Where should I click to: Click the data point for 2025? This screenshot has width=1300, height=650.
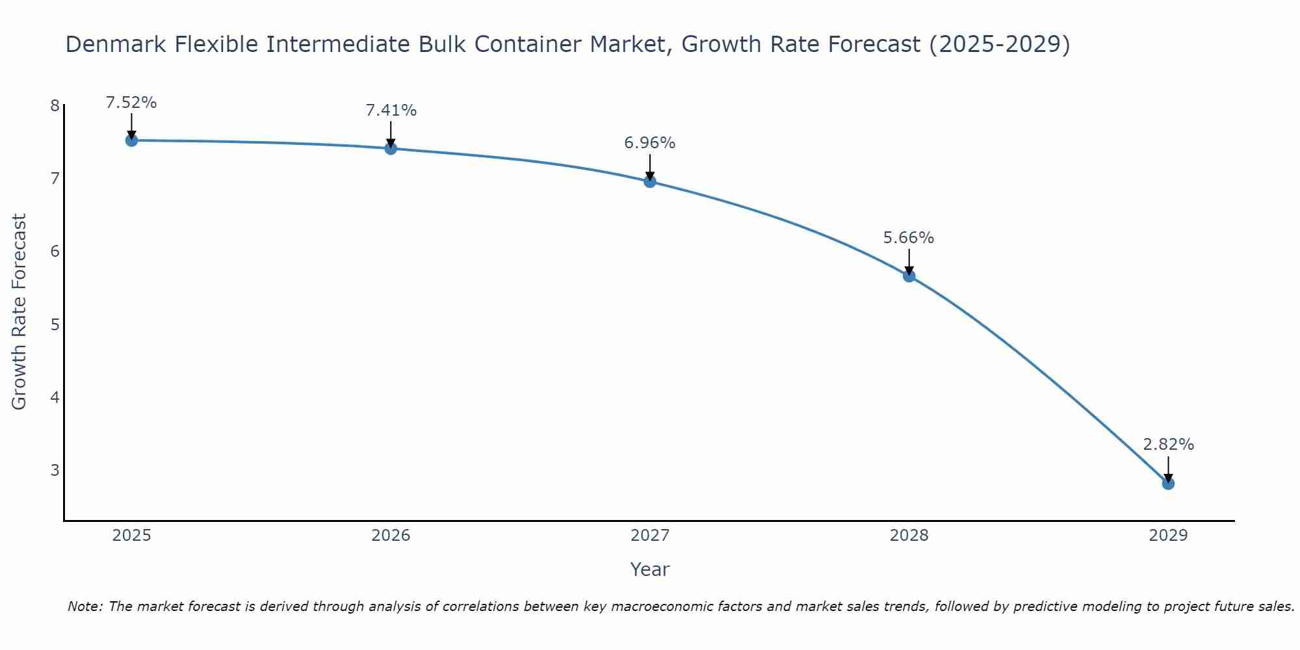(131, 140)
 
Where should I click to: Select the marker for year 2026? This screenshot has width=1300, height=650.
(391, 148)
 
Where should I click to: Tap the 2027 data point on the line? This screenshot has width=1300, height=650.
(650, 181)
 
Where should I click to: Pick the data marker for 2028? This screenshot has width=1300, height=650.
(909, 276)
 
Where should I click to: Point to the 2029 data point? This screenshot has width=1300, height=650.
(1168, 484)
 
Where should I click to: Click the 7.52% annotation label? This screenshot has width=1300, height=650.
(131, 103)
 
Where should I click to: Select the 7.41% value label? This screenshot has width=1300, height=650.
(391, 110)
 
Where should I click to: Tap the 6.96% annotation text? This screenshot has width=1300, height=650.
(650, 143)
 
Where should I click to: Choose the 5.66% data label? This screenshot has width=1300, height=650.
(909, 238)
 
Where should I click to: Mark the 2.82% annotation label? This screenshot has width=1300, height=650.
(1168, 445)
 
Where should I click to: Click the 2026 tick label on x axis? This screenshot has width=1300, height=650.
(391, 536)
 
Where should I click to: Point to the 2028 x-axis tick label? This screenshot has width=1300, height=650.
(909, 536)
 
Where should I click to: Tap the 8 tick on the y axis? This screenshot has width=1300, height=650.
(55, 105)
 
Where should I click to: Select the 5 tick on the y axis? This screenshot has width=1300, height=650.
(55, 324)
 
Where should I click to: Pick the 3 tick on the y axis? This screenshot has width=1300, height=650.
(55, 469)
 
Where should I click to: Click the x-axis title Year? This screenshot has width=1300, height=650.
(649, 569)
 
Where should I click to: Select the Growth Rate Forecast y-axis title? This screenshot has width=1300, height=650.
(19, 312)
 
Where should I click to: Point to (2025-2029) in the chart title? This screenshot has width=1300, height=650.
(999, 44)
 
